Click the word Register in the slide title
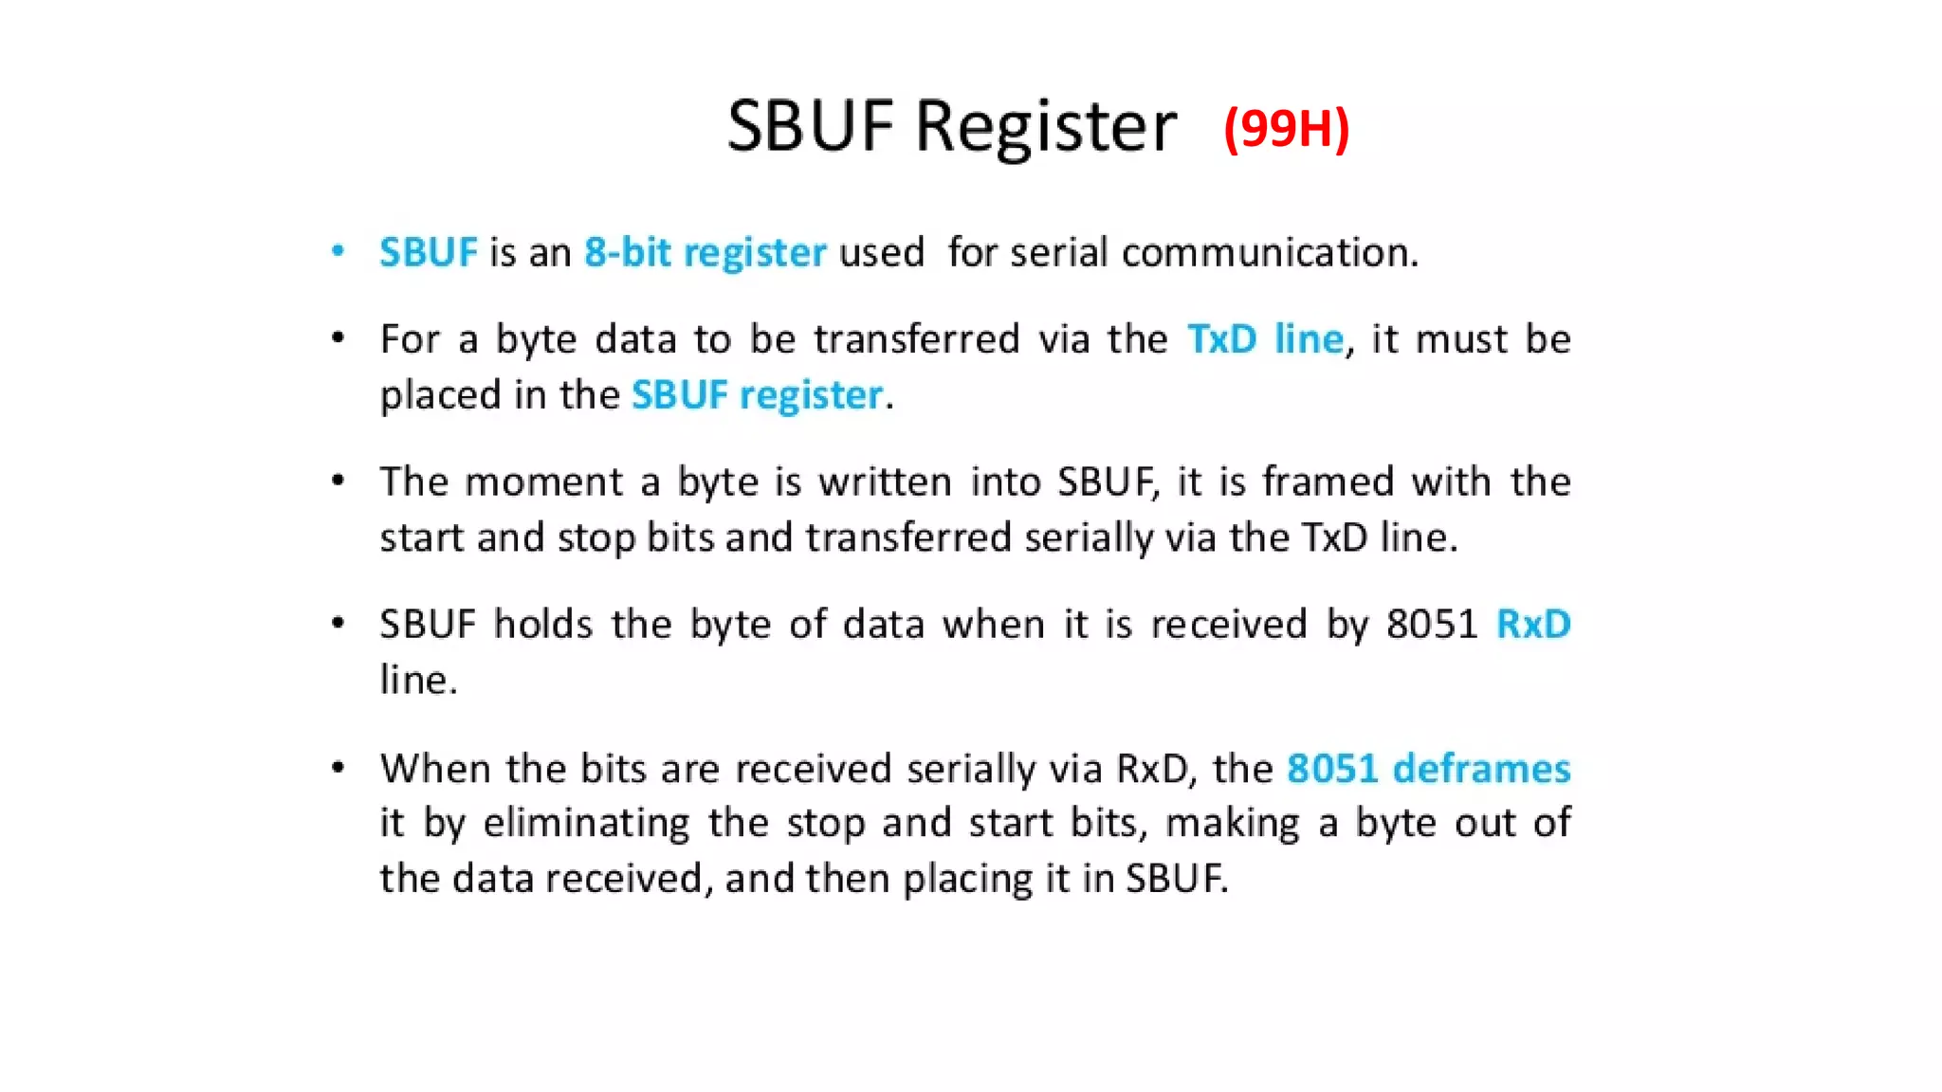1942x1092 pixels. tap(1046, 127)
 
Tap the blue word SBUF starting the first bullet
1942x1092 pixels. tap(429, 252)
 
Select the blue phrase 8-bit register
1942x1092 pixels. tap(705, 252)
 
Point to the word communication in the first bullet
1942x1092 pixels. tap(1270, 252)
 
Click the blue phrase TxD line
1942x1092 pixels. tap(1265, 339)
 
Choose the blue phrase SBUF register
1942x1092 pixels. tap(758, 394)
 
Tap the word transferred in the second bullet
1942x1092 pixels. tap(916, 339)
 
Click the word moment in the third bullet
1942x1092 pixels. tap(544, 482)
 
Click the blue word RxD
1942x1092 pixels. tap(1533, 624)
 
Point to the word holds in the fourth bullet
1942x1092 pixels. tap(543, 624)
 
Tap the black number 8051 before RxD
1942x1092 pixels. tap(1432, 624)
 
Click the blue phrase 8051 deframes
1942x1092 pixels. tap(1428, 768)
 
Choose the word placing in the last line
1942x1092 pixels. tap(967, 879)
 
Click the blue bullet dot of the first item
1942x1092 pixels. tap(338, 251)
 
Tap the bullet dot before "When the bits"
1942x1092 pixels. tap(338, 767)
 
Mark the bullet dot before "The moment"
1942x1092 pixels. tap(338, 481)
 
